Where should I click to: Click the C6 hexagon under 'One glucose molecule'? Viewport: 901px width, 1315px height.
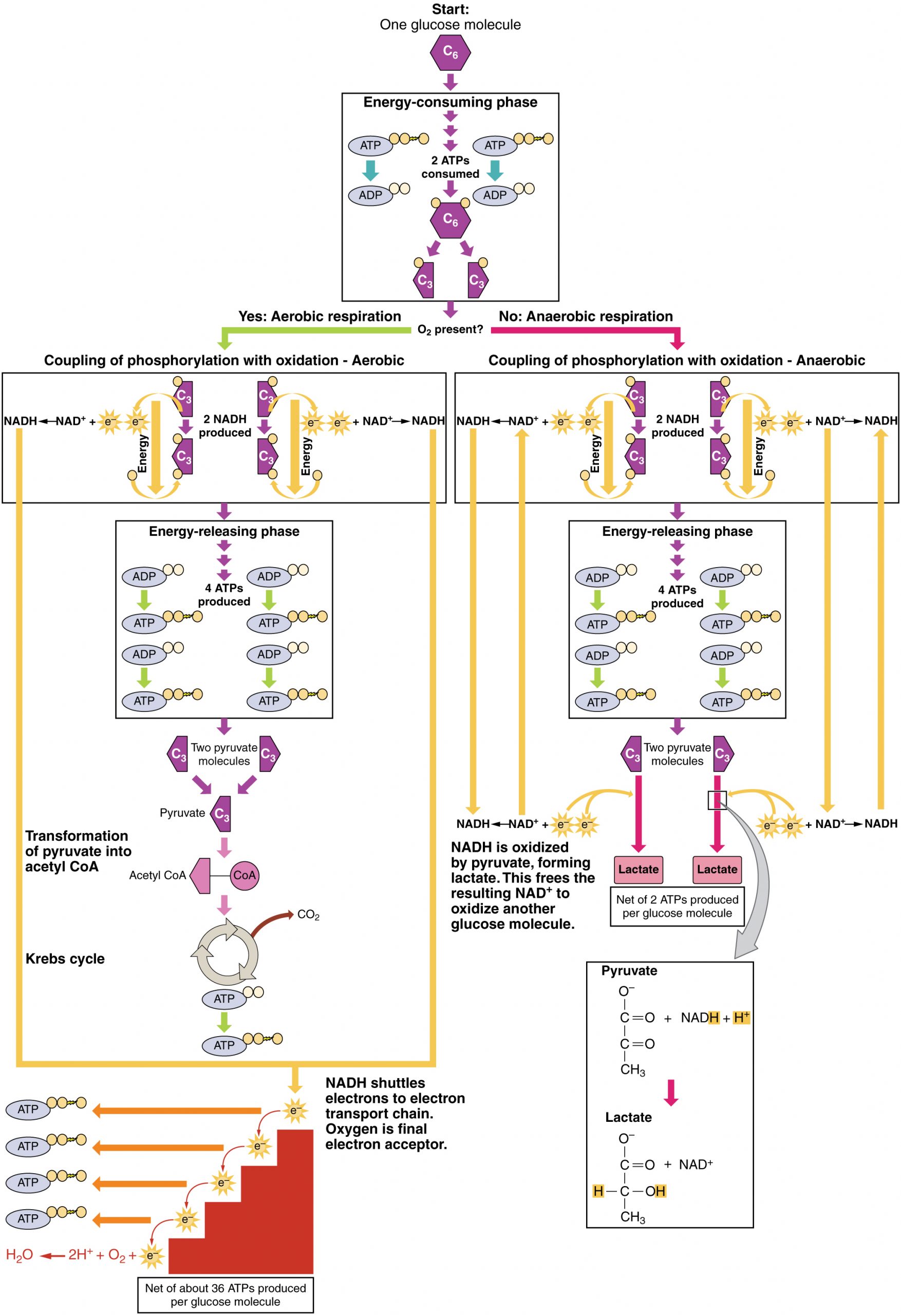point(450,52)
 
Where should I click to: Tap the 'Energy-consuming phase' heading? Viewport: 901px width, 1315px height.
point(450,102)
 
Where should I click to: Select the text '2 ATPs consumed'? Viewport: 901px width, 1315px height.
point(450,167)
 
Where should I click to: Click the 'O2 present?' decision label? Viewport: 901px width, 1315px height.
point(450,329)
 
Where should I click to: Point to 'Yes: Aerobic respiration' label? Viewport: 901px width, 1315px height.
point(319,316)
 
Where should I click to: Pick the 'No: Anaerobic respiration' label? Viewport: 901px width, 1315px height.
point(585,316)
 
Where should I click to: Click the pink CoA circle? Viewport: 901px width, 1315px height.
point(245,875)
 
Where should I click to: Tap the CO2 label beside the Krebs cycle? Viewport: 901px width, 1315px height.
point(308,915)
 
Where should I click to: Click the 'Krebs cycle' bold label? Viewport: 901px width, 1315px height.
point(65,959)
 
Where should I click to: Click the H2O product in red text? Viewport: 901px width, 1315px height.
point(19,1255)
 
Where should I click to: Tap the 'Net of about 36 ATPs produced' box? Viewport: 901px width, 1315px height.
point(225,1294)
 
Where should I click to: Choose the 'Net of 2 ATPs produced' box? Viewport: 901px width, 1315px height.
point(677,907)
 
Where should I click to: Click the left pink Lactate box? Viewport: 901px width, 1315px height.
point(638,870)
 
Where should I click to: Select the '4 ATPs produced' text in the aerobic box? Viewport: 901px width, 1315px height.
point(224,595)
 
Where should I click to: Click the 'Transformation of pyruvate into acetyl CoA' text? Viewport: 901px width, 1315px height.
point(78,851)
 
